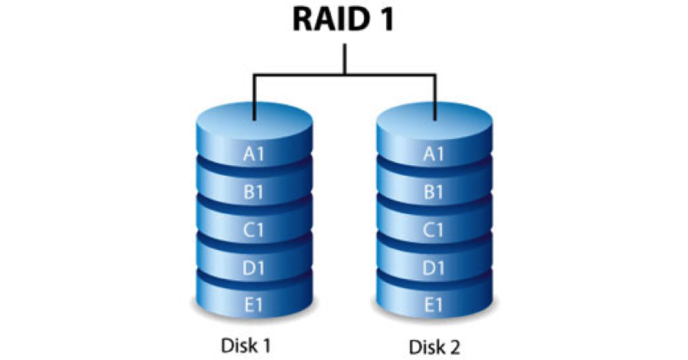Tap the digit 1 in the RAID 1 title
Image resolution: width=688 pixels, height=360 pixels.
click(x=387, y=19)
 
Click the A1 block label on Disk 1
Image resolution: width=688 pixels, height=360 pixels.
click(x=254, y=154)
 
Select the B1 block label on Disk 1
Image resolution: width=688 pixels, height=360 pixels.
click(x=253, y=192)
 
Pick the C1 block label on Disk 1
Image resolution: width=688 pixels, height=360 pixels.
click(x=253, y=230)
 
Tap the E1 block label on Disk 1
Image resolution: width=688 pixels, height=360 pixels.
click(x=253, y=305)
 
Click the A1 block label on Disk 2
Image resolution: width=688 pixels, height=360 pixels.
click(x=433, y=154)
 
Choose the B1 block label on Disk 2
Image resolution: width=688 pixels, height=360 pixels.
click(x=433, y=192)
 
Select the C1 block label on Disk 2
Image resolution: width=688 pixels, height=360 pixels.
click(x=433, y=230)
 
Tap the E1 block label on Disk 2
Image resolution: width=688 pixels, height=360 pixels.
click(x=433, y=305)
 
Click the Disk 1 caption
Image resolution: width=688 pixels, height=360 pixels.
click(x=245, y=345)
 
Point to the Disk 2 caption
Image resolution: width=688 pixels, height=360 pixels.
click(x=434, y=347)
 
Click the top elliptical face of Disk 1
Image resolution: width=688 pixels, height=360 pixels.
click(x=254, y=121)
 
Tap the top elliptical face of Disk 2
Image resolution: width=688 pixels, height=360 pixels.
click(x=434, y=121)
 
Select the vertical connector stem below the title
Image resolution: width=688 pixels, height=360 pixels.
click(x=345, y=59)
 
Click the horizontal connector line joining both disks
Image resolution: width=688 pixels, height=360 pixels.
click(x=345, y=75)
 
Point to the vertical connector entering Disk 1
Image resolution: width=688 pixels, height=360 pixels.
click(x=254, y=97)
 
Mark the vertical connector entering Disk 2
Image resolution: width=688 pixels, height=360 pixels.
click(x=435, y=97)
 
